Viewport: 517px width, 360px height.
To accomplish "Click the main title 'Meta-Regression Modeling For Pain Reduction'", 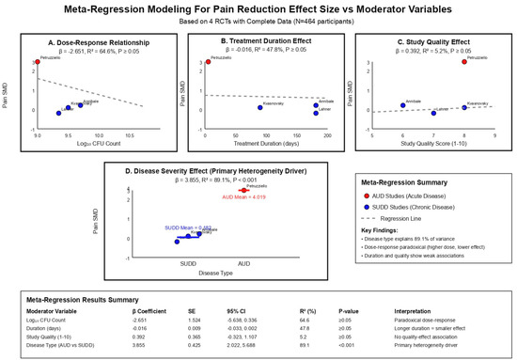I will (258, 10).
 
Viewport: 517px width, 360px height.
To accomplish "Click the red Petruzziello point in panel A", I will (37, 62).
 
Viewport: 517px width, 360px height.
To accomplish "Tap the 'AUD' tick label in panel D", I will (243, 262).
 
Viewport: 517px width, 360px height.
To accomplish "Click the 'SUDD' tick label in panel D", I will (188, 262).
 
